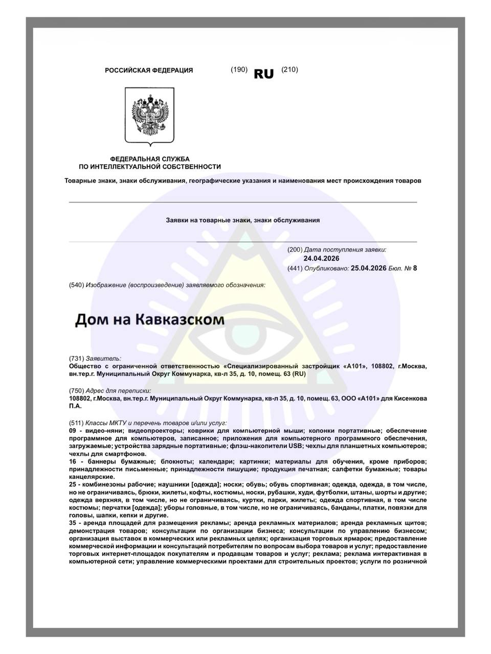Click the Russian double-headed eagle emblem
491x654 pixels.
tap(149, 115)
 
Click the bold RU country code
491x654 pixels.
tap(264, 74)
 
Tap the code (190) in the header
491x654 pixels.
tap(239, 69)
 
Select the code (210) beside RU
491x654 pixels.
tap(289, 69)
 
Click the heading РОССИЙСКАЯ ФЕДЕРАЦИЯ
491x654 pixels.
tap(149, 71)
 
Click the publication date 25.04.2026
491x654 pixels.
tap(368, 268)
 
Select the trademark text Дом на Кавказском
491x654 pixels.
tap(150, 320)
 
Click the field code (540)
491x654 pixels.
tap(76, 285)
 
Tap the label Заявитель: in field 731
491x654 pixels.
tap(104, 359)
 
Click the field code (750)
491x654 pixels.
tap(76, 391)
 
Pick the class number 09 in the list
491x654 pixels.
tap(73, 431)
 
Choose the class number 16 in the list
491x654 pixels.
tap(73, 462)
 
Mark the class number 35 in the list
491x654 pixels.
tap(73, 523)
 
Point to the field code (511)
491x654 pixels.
tap(76, 423)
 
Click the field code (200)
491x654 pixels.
tap(295, 250)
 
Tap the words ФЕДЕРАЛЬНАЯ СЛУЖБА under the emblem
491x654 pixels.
tap(149, 159)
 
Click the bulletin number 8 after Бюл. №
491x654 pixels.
tap(415, 268)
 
